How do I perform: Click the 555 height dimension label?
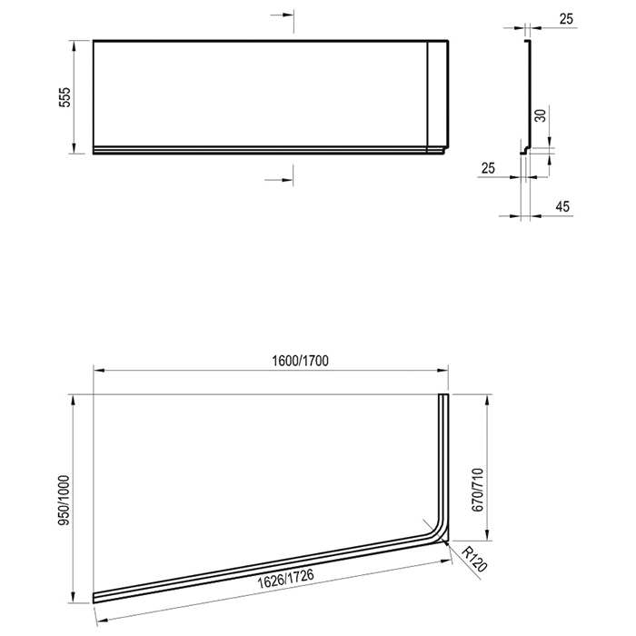click(65, 97)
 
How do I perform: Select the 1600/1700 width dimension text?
click(300, 361)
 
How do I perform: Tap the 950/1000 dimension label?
click(65, 501)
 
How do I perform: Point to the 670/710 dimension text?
click(478, 490)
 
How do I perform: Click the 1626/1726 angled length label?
click(286, 580)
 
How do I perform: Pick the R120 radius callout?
click(474, 560)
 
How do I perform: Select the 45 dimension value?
click(562, 206)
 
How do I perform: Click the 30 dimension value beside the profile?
click(541, 115)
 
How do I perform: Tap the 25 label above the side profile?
click(566, 19)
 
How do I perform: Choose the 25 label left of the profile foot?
click(488, 168)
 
